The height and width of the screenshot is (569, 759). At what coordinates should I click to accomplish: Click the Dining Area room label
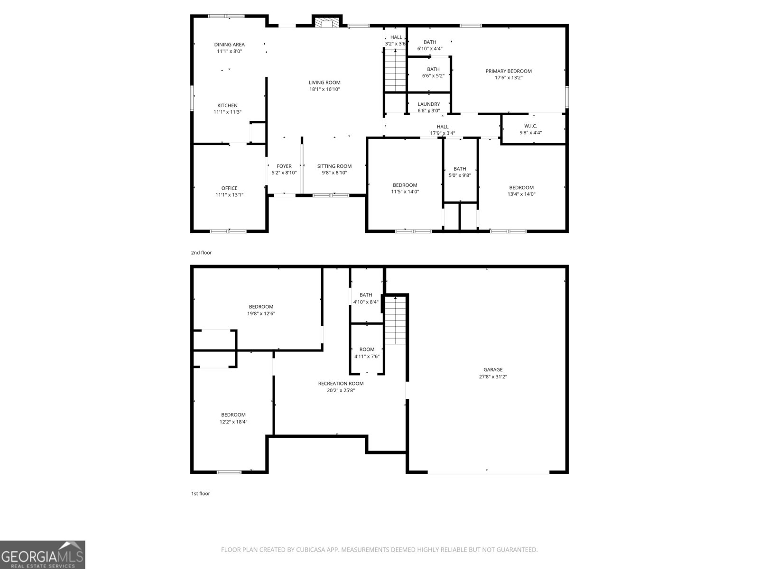click(229, 45)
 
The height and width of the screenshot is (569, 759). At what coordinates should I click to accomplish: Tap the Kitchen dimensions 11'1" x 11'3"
click(227, 112)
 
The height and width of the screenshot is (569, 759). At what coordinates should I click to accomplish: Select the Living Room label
click(324, 83)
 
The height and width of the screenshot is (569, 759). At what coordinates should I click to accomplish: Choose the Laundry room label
click(428, 104)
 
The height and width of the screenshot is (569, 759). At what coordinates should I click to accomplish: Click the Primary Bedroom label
click(509, 71)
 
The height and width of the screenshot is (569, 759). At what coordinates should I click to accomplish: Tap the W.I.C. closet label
click(530, 126)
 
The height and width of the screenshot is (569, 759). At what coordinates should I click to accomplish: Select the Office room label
click(229, 188)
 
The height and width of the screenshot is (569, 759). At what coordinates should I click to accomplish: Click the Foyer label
click(284, 166)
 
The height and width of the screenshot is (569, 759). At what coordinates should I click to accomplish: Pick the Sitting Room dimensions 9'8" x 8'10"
click(334, 173)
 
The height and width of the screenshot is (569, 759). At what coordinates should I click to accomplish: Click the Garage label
click(493, 370)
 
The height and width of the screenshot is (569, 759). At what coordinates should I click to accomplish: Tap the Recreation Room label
click(341, 384)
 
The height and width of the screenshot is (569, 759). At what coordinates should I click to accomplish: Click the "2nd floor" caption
click(201, 253)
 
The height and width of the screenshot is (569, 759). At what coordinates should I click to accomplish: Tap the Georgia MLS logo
click(43, 555)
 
